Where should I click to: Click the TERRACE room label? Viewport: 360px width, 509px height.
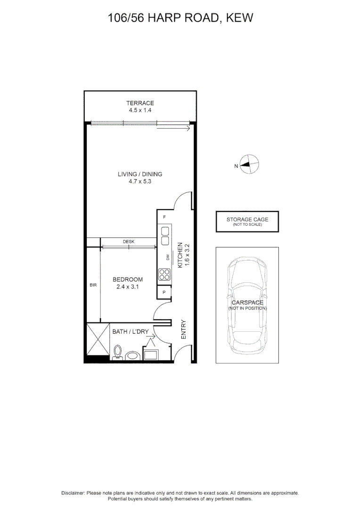[140, 103]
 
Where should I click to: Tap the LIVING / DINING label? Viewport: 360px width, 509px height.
[140, 174]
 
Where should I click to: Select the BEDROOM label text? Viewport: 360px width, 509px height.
[128, 279]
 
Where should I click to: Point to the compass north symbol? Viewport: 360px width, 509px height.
[249, 164]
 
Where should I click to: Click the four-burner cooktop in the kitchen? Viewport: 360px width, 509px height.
[164, 275]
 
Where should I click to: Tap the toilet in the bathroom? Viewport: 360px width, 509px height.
[117, 353]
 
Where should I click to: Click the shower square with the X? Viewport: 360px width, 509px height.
[98, 339]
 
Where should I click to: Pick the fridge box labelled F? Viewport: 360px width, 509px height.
[164, 217]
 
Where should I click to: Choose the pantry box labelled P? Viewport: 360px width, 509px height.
[164, 292]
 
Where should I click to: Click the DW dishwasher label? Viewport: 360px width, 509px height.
[168, 257]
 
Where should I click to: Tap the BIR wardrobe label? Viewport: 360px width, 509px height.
[93, 285]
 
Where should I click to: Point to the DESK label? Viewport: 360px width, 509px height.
[129, 241]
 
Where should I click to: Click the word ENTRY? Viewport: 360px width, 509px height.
[183, 329]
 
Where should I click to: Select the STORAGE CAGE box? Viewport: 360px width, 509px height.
[247, 222]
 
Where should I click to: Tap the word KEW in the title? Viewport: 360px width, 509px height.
[239, 18]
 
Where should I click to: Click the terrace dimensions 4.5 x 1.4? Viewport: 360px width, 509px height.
[140, 110]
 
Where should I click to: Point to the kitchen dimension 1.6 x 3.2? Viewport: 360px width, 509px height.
[187, 255]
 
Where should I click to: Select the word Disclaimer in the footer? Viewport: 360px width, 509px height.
[73, 493]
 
